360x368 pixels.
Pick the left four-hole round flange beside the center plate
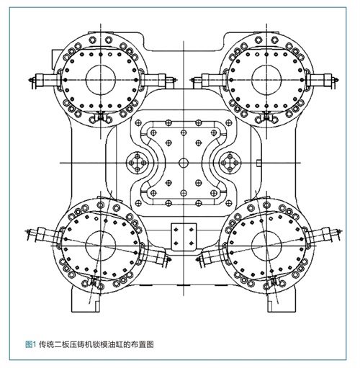point(138,163)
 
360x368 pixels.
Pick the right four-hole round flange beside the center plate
point(230,163)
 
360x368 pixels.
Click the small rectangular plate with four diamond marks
point(184,237)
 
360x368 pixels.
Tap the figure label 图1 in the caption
point(30,345)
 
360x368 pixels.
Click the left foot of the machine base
point(85,300)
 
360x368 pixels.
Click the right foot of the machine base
point(282,300)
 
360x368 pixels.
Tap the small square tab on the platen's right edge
point(258,163)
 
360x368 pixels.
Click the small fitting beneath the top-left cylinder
point(101,117)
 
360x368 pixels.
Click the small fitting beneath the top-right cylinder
point(266,117)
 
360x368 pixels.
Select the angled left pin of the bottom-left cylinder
point(44,235)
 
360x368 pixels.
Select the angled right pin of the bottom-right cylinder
point(324,235)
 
